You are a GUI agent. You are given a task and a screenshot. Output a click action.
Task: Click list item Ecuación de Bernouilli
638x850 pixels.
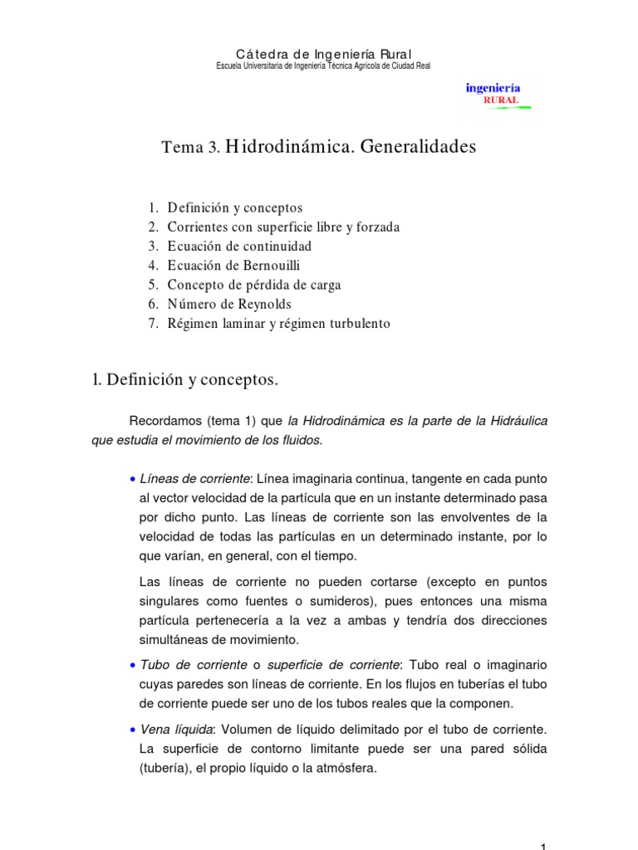click(x=233, y=266)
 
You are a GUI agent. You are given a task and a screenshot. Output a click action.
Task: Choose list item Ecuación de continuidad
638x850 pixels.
click(x=239, y=247)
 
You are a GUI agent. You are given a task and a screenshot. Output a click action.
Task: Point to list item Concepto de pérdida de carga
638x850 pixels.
click(x=254, y=285)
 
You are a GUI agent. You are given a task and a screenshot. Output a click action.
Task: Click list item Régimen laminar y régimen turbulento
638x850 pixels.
click(x=278, y=324)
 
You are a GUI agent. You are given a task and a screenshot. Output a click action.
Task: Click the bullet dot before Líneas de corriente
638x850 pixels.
click(x=133, y=480)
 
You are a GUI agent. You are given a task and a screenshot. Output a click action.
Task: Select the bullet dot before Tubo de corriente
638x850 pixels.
click(x=133, y=666)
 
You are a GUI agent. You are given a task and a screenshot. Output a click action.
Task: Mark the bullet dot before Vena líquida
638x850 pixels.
click(x=133, y=730)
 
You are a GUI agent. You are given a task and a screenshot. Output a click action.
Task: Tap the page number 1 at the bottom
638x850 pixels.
click(x=542, y=846)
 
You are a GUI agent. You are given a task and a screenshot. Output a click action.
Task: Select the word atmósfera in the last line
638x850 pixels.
click(x=343, y=768)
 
